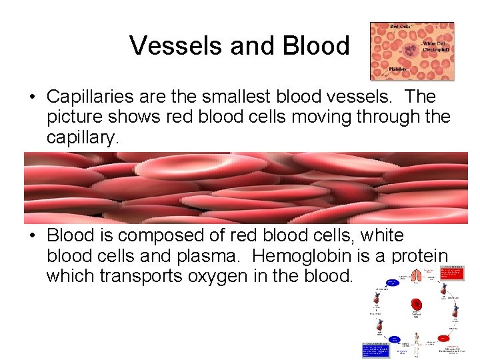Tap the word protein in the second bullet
pyautogui.click(x=415, y=256)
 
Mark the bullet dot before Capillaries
pyautogui.click(x=32, y=98)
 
